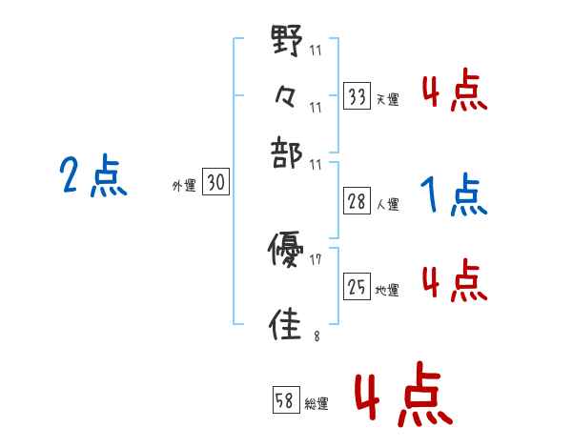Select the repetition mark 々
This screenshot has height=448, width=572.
click(x=287, y=97)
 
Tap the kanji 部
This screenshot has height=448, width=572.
click(x=287, y=150)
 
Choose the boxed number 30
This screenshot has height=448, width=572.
click(x=216, y=183)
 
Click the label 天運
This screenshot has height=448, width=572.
click(x=387, y=99)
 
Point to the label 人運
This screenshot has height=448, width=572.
click(x=387, y=204)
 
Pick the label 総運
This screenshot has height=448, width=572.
click(x=317, y=404)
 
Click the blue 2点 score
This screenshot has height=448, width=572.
click(x=93, y=177)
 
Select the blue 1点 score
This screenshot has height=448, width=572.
click(x=454, y=196)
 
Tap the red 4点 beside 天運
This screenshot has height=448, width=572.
click(x=454, y=92)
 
